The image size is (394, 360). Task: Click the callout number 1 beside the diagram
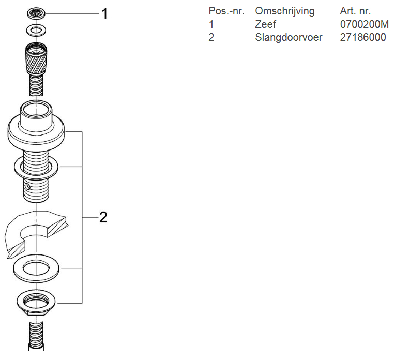pyautogui.click(x=104, y=14)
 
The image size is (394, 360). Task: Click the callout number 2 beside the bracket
pyautogui.click(x=103, y=217)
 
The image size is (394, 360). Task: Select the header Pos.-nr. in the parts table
pyautogui.click(x=226, y=11)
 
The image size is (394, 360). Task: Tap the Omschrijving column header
pyautogui.click(x=284, y=11)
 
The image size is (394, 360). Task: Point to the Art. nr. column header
pyautogui.click(x=355, y=11)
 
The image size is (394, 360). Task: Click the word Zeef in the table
pyautogui.click(x=265, y=24)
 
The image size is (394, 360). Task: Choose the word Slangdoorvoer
pyautogui.click(x=289, y=37)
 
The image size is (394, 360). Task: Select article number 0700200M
pyautogui.click(x=364, y=24)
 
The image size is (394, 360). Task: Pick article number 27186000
pyautogui.click(x=363, y=37)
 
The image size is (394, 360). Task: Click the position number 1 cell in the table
pyautogui.click(x=211, y=24)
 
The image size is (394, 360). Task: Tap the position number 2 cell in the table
pyautogui.click(x=211, y=37)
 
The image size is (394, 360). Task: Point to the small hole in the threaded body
pyautogui.click(x=27, y=185)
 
